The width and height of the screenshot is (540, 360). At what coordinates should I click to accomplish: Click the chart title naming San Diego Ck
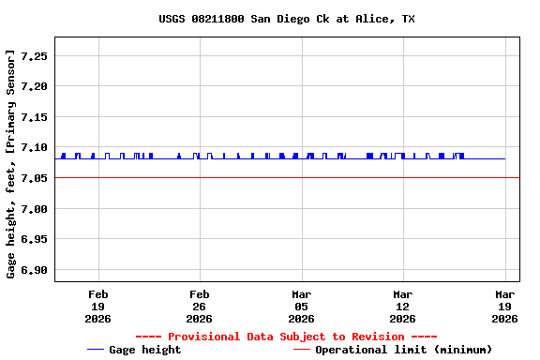[287, 19]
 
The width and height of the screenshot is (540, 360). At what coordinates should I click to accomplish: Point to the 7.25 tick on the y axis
[34, 56]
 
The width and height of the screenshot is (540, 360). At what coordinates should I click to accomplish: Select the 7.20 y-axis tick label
[34, 86]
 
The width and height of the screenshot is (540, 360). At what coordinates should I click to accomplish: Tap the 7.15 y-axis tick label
[34, 117]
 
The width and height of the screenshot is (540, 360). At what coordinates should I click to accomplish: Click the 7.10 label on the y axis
[34, 147]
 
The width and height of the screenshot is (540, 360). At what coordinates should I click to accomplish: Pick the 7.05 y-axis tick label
[34, 178]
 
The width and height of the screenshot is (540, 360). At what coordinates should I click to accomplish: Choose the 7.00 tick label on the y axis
[34, 209]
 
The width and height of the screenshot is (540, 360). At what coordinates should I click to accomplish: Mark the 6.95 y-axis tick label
[34, 239]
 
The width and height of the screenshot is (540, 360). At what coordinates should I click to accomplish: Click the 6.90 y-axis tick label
[34, 270]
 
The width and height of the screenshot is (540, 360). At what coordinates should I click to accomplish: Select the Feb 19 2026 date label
[97, 307]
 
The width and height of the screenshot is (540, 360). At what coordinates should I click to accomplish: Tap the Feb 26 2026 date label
[199, 307]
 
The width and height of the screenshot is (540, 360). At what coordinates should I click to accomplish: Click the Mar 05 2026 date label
[301, 307]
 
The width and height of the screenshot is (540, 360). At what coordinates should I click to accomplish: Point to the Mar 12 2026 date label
[403, 307]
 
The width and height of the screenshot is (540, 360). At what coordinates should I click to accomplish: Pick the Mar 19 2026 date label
[504, 307]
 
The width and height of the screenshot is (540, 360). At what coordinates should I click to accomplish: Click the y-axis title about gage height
[11, 163]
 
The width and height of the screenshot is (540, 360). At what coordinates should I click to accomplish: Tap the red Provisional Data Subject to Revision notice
[286, 337]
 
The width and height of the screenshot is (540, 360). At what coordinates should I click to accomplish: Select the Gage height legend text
[145, 350]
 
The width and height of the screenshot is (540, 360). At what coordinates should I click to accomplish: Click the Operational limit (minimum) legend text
[403, 350]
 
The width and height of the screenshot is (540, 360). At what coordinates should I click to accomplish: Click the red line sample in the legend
[301, 350]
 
